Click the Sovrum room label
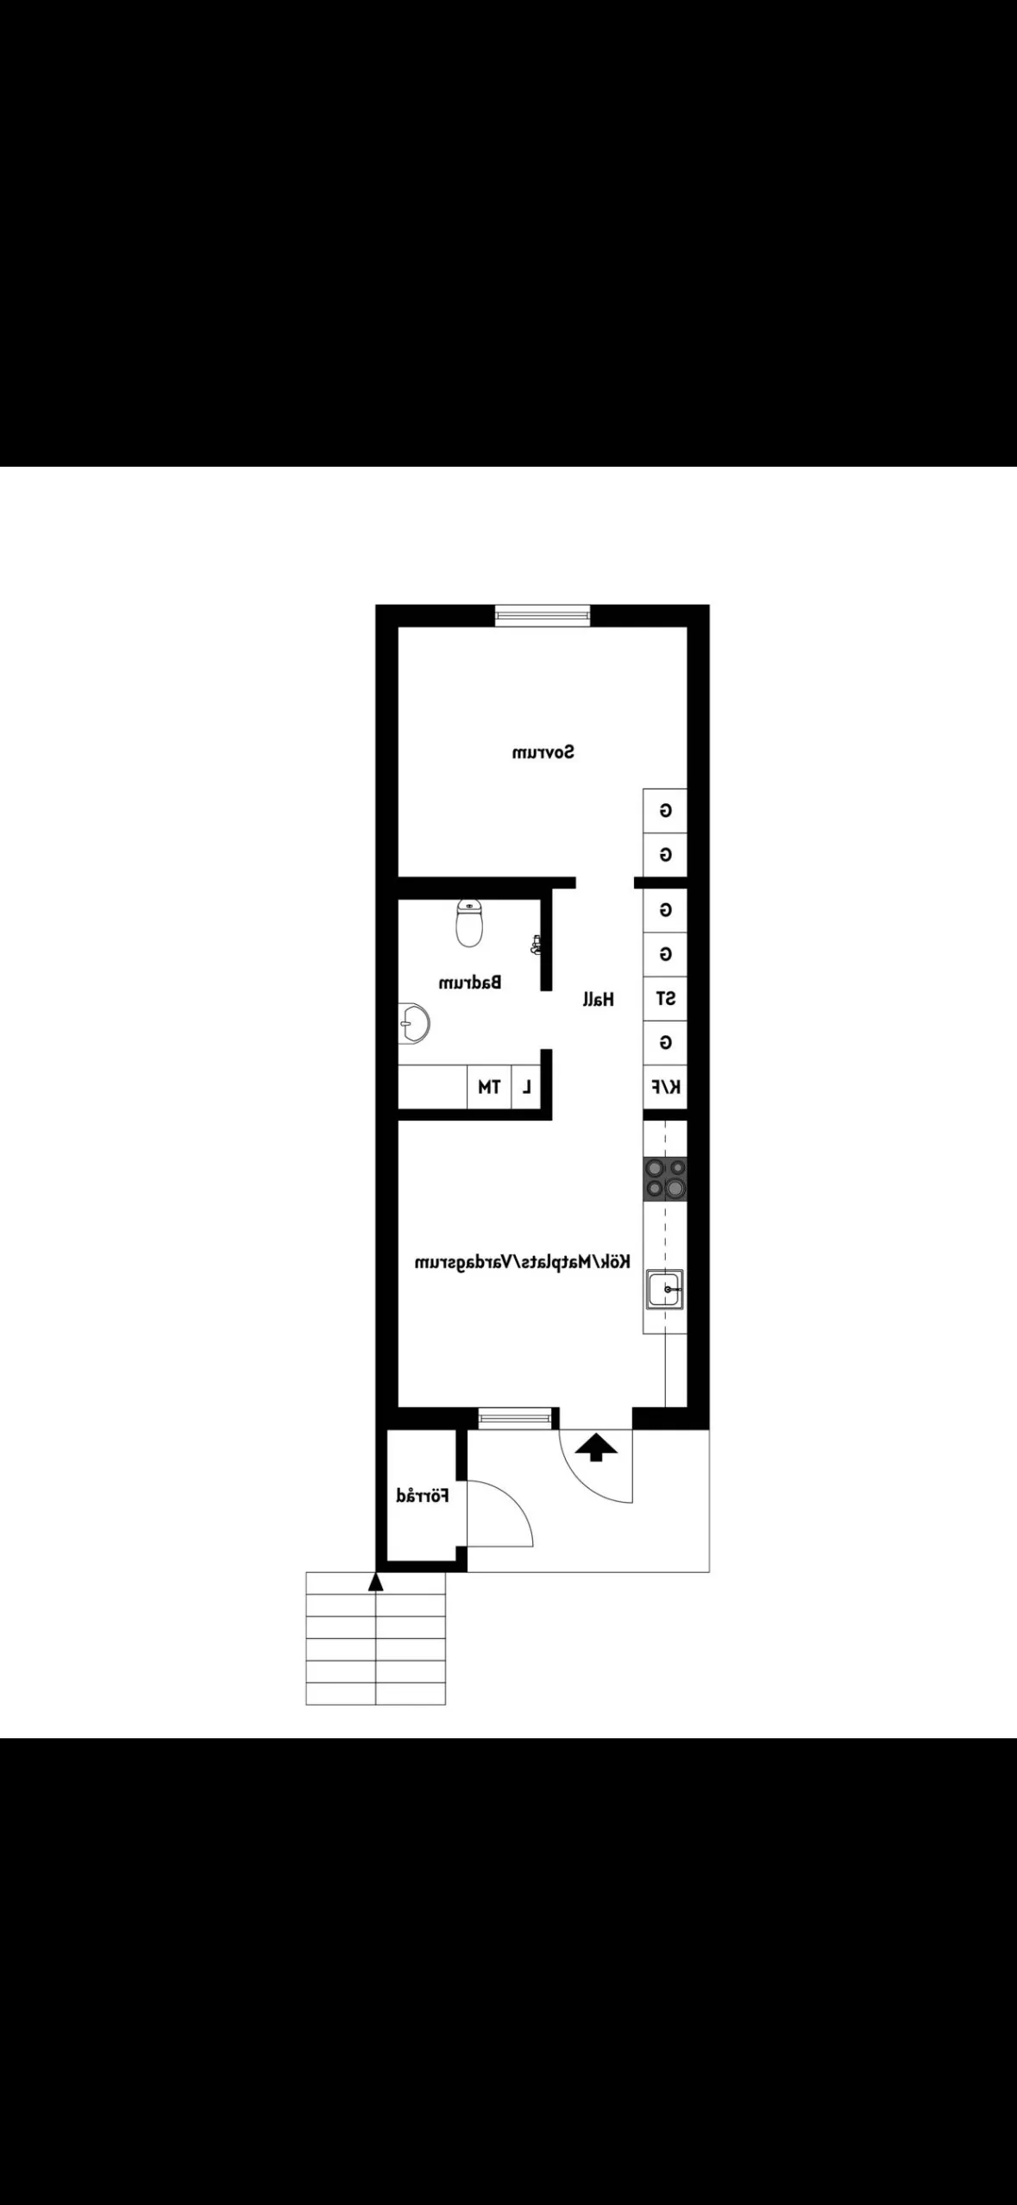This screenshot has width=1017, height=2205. (x=543, y=752)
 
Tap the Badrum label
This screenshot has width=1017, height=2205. (x=470, y=982)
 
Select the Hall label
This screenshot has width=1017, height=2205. (x=598, y=999)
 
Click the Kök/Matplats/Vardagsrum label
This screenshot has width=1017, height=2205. (x=523, y=1261)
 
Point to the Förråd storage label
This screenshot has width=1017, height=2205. (x=423, y=1495)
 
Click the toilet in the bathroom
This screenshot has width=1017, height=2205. (x=468, y=922)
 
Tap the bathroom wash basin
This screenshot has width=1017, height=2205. (x=413, y=1025)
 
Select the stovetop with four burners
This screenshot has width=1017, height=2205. (x=665, y=1179)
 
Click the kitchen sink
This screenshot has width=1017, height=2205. (x=665, y=1290)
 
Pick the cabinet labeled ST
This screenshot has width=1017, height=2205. (x=665, y=999)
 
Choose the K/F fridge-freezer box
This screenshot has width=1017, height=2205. (x=665, y=1087)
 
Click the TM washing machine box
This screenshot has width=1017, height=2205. (x=489, y=1087)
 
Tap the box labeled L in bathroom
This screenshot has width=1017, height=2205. (x=526, y=1087)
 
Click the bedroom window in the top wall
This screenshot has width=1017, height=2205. (x=543, y=615)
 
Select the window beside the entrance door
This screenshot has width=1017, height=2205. (x=514, y=1417)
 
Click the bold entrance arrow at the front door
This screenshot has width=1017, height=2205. (x=596, y=1448)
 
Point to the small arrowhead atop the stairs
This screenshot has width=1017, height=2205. (x=375, y=1581)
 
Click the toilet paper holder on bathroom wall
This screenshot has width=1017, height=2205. (x=537, y=945)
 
